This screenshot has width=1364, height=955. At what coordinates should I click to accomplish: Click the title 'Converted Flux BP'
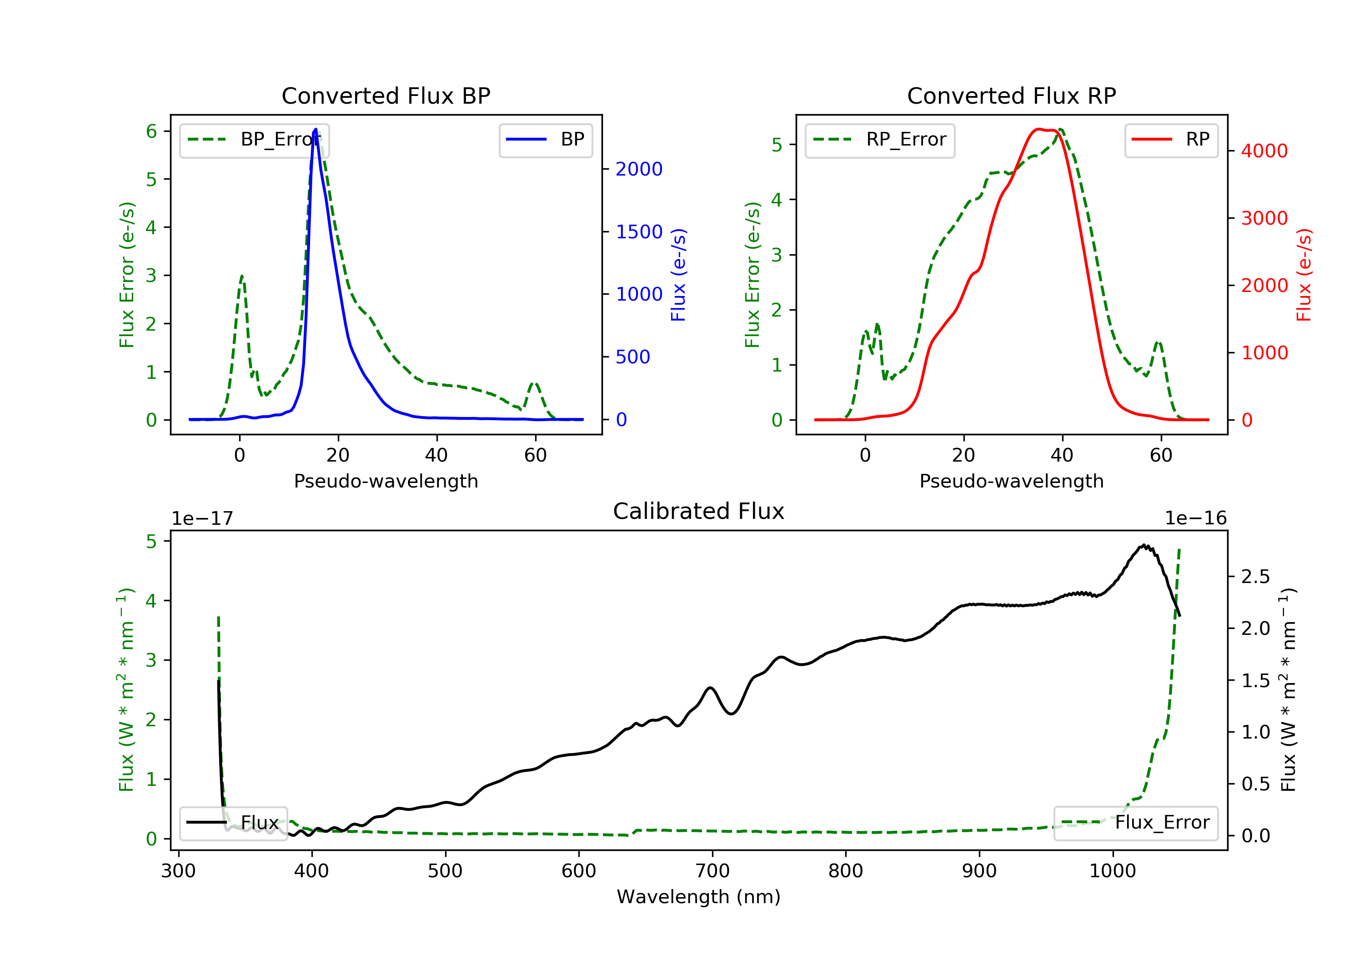click(x=386, y=95)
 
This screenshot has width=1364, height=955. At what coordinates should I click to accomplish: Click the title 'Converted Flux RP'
click(x=1011, y=95)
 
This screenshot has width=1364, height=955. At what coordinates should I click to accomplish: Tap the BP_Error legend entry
click(x=254, y=140)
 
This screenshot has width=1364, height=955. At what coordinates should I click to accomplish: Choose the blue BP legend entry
click(x=545, y=140)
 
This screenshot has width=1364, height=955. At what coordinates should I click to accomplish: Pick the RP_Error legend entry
click(x=880, y=140)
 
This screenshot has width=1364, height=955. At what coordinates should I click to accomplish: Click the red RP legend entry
click(x=1171, y=140)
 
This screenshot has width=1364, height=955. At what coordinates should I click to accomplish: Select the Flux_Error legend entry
click(x=1135, y=823)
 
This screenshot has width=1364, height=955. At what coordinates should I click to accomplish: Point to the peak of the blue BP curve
click(x=316, y=129)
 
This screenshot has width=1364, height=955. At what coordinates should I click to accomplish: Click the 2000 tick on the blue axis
click(x=639, y=169)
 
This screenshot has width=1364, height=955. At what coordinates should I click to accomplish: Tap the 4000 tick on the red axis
click(x=1264, y=151)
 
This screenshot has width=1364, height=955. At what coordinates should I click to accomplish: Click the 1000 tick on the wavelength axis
click(x=1112, y=871)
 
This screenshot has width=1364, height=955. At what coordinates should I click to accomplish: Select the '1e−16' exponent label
click(x=1195, y=518)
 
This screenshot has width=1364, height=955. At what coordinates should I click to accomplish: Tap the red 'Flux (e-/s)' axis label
click(x=1304, y=275)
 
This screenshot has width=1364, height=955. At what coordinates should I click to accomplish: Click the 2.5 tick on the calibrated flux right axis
click(x=1255, y=577)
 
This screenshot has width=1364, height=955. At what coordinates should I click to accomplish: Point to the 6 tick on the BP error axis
click(x=151, y=131)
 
